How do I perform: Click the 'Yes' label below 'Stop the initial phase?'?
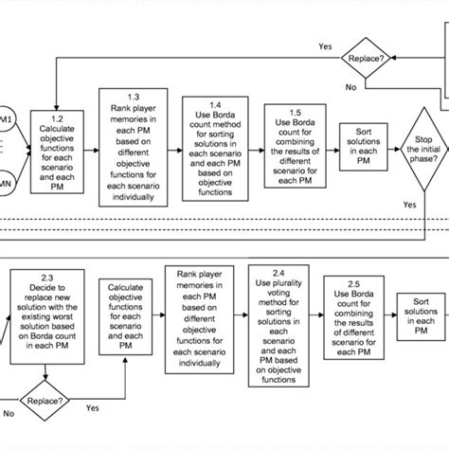[x=409, y=203]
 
